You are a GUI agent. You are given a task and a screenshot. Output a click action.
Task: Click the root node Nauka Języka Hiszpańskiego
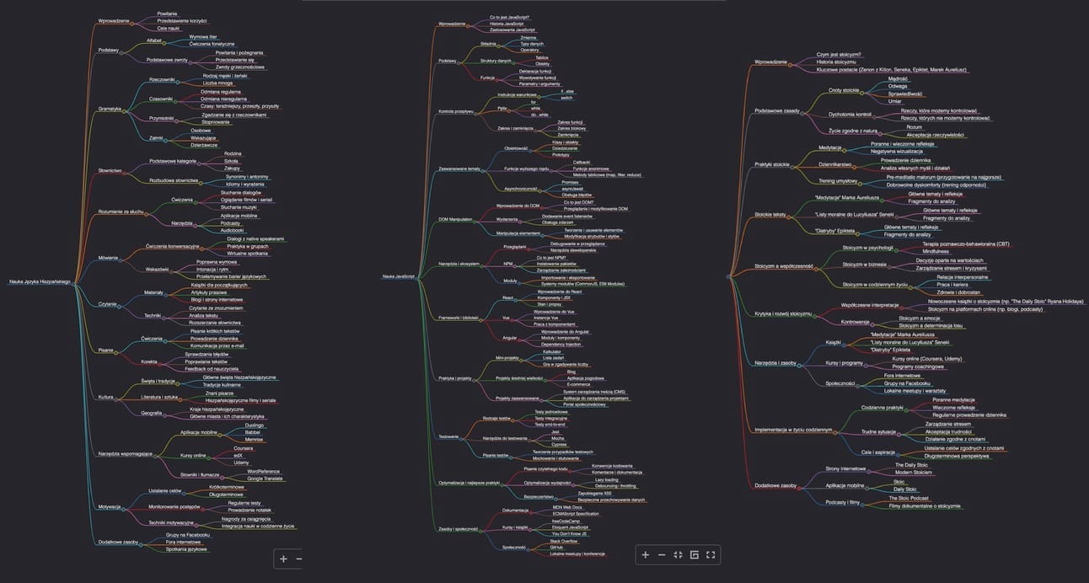click(40, 282)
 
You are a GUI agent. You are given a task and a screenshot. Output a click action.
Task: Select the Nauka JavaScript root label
click(398, 276)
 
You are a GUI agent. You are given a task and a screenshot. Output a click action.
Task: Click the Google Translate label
click(266, 478)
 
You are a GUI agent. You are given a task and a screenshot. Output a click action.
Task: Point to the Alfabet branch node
click(154, 40)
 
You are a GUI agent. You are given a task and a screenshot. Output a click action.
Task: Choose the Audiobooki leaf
click(232, 230)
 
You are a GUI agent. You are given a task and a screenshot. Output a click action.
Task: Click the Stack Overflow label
click(564, 540)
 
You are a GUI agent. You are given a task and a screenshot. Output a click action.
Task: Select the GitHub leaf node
click(556, 547)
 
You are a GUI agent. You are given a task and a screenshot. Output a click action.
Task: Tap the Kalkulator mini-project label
click(553, 350)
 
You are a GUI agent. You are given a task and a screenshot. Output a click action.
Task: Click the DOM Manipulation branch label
click(455, 219)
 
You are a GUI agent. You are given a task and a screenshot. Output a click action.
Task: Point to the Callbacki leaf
click(558, 161)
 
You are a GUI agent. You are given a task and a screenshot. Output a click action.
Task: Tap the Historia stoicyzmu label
click(836, 62)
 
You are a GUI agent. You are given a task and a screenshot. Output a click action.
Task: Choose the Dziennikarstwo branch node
click(835, 164)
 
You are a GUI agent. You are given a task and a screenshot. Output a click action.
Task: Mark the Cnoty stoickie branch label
click(843, 89)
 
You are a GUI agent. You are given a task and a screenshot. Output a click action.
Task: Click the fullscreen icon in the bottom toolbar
click(710, 554)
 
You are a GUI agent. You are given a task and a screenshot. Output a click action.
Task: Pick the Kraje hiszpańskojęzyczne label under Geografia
click(216, 409)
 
